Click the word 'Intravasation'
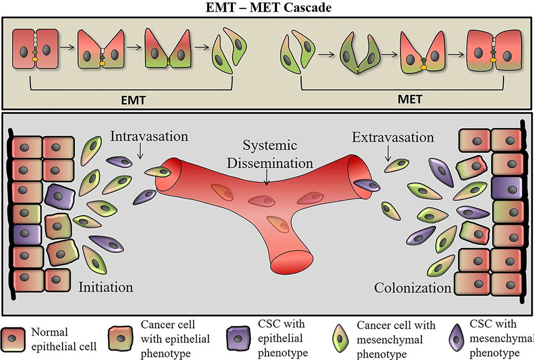pyautogui.click(x=149, y=137)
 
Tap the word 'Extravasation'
pyautogui.click(x=393, y=138)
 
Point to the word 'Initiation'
pyautogui.click(x=105, y=287)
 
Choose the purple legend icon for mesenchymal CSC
pyautogui.click(x=456, y=339)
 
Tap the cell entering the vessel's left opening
pyautogui.click(x=159, y=173)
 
